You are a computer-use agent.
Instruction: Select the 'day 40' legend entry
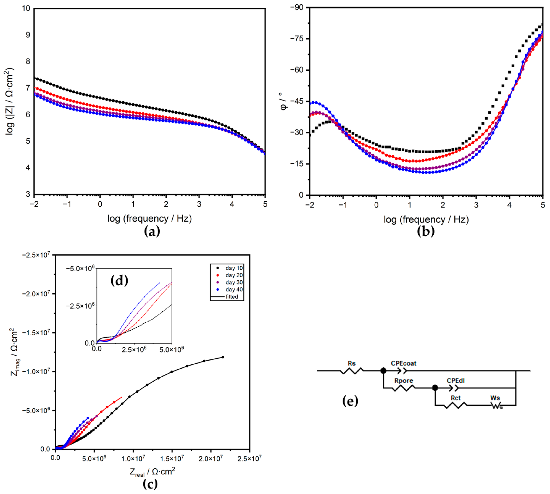tap(234, 289)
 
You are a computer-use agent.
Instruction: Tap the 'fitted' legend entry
tap(231, 297)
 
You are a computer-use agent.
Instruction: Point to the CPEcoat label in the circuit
tap(403, 363)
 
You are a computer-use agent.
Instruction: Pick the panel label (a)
tap(152, 232)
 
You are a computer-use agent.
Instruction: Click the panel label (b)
tap(425, 232)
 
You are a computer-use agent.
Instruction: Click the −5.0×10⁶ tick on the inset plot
tap(80, 268)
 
